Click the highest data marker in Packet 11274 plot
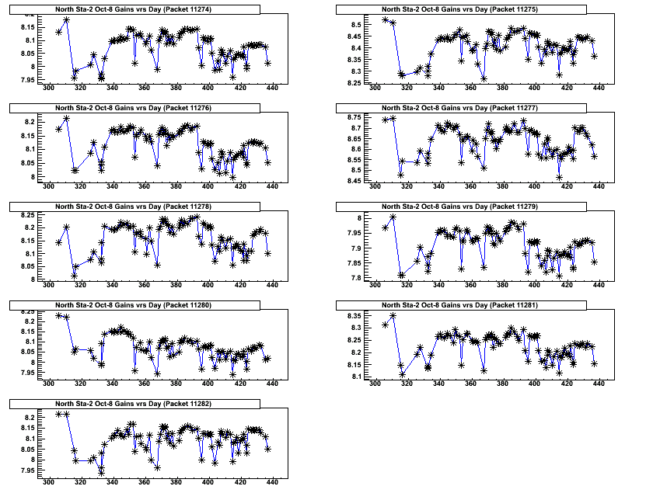click(x=67, y=19)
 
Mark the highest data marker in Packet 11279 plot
click(x=393, y=217)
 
